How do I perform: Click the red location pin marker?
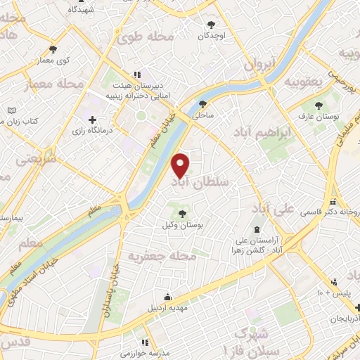point(181,165)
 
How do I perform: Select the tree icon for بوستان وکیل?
point(183,213)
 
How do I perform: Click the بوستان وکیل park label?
point(183,226)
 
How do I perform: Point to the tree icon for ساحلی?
point(203,104)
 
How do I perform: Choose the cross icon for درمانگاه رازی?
point(93,119)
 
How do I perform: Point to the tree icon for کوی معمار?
point(53,49)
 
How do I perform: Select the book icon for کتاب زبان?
point(11,110)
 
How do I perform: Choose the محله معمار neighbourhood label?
point(53,85)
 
